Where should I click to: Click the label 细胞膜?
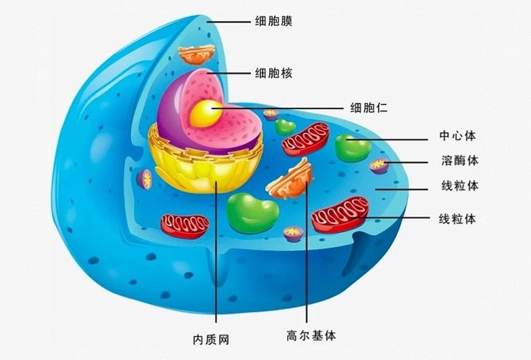[x=274, y=22]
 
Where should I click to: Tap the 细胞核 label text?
[x=274, y=73]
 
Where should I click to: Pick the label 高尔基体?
[x=311, y=336]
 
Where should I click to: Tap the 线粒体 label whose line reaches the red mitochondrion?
[x=458, y=219]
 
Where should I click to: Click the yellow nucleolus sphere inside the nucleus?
[x=206, y=111]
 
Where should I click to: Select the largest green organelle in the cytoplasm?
[x=252, y=212]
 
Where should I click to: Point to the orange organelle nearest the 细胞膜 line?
[x=197, y=53]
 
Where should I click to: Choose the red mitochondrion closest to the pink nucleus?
[x=306, y=137]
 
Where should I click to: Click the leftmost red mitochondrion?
[x=185, y=223]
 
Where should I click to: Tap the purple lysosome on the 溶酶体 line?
[x=379, y=166]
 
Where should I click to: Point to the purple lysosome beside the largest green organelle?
[x=293, y=233]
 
